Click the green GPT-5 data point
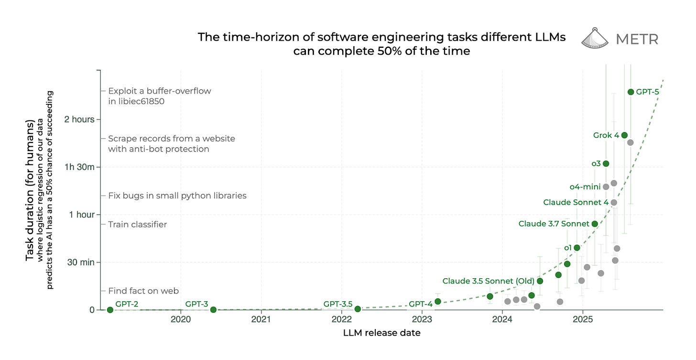[631, 92]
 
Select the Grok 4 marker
[624, 135]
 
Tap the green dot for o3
[606, 164]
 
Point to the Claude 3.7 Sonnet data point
[595, 224]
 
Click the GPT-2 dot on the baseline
[110, 310]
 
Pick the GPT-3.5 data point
[358, 309]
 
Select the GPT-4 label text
[421, 304]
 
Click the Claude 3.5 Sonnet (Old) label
[488, 281]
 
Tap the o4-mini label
[585, 187]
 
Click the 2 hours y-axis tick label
[79, 119]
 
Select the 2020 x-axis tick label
[181, 319]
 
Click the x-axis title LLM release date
[381, 333]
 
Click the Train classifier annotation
[137, 224]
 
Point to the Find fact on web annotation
[143, 291]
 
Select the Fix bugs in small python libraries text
[177, 196]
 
